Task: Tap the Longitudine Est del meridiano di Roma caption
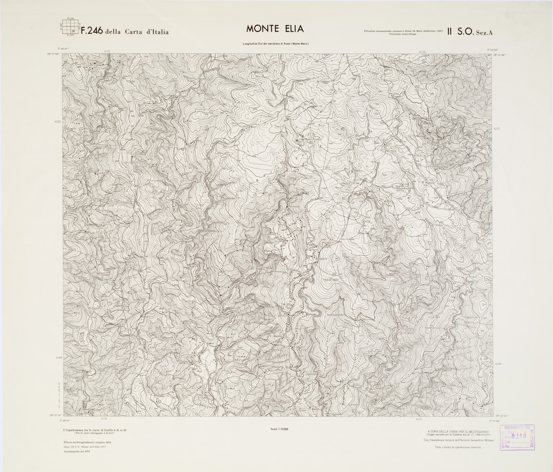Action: click(276, 44)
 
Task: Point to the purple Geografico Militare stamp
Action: click(517, 438)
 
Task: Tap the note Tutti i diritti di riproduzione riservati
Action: click(458, 449)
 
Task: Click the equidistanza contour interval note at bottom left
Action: click(95, 430)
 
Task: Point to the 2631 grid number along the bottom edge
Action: click(104, 420)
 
